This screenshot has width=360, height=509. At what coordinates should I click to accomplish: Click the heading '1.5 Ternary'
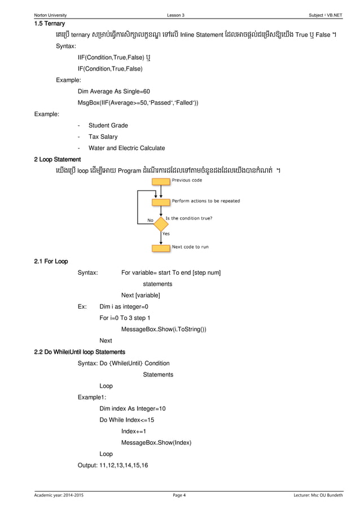[x=49, y=24]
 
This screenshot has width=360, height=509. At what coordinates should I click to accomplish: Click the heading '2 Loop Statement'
[x=58, y=159]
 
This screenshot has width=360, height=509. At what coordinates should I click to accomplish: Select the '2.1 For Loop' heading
[x=51, y=262]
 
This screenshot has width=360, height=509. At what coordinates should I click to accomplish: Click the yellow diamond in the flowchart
[x=161, y=220]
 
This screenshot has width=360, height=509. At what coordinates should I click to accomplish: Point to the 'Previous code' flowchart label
[x=187, y=180]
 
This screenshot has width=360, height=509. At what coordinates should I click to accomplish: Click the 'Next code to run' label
[x=190, y=247]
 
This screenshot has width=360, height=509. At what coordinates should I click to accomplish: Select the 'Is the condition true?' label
[x=188, y=218]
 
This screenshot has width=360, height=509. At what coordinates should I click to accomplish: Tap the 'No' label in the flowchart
[x=150, y=221]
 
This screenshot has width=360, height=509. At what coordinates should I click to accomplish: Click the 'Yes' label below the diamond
[x=166, y=233]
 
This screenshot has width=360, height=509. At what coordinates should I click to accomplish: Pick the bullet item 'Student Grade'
[x=108, y=125]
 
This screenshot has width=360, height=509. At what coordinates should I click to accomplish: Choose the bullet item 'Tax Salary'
[x=103, y=137]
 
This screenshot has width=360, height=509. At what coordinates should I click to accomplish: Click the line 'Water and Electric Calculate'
[x=127, y=148]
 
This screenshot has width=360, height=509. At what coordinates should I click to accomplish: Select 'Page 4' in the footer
[x=179, y=496]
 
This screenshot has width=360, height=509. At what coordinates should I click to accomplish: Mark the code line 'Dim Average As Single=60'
[x=114, y=91]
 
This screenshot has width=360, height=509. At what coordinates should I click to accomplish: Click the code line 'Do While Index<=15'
[x=126, y=420]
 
